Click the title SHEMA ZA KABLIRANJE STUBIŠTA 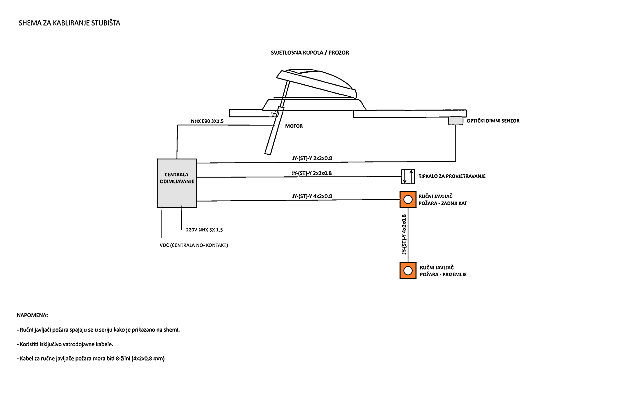(69, 23)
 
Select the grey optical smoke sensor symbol (456, 121)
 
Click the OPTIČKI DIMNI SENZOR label (493, 121)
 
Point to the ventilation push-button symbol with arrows (408, 177)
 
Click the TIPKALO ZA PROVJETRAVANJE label (452, 176)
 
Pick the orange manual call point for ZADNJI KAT (408, 199)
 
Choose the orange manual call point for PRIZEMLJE (408, 271)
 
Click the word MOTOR (294, 126)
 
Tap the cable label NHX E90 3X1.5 (207, 121)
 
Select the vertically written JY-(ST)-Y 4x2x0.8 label (404, 234)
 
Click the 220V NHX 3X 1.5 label (204, 230)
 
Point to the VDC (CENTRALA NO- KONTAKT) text (194, 245)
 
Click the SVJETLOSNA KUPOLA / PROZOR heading (310, 53)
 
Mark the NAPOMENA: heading (32, 315)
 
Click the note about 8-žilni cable (91, 359)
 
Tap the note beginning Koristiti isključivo (65, 344)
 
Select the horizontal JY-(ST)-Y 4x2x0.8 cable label (312, 196)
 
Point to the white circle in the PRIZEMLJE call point (408, 271)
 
